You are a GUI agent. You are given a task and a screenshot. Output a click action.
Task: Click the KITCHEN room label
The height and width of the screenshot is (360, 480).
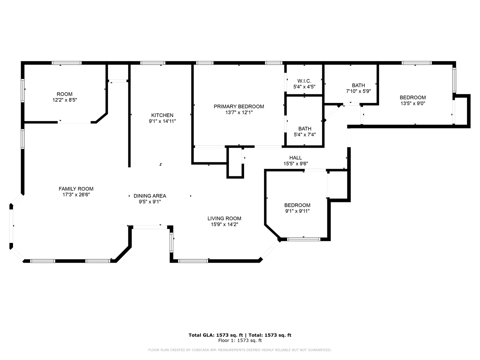point(162,115)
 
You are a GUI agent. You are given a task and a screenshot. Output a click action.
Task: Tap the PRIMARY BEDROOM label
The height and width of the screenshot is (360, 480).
point(239,106)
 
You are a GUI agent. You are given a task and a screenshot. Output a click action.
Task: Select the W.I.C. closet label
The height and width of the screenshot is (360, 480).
point(304,81)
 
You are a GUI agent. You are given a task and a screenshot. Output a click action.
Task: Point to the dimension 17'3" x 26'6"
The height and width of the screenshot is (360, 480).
point(76,195)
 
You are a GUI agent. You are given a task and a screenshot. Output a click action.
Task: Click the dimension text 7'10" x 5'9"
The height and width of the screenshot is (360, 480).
point(358,91)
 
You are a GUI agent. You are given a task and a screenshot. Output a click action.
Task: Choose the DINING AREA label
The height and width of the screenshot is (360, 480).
point(150,196)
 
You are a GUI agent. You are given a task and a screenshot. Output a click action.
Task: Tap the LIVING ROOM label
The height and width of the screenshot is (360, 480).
point(224,218)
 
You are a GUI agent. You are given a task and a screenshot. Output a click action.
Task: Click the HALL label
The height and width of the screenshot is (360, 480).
point(295,158)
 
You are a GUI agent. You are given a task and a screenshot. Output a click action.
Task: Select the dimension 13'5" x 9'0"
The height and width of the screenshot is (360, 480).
point(413,103)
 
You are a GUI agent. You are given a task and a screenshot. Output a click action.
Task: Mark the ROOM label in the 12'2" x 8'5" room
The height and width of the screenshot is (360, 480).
point(64,94)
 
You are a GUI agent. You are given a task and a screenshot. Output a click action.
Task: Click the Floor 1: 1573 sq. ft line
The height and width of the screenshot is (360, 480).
point(240,340)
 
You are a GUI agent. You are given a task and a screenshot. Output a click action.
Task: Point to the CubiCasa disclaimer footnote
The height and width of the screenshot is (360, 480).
point(240,350)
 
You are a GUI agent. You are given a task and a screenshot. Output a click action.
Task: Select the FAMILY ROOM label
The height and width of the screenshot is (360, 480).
point(76,189)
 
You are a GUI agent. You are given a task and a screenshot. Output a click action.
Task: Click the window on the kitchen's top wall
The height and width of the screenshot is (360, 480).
point(153,63)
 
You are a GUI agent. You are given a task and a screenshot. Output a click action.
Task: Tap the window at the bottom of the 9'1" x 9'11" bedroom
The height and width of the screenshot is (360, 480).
point(304,239)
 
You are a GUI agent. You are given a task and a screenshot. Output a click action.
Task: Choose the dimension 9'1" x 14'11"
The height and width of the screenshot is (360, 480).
point(162,121)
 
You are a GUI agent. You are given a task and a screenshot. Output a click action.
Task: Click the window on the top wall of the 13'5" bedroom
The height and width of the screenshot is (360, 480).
point(417,63)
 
